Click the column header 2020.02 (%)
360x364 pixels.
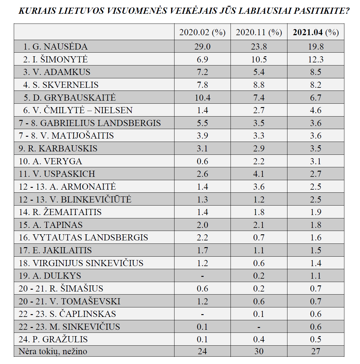pyautogui.click(x=202, y=32)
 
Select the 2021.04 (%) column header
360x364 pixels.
pyautogui.click(x=316, y=32)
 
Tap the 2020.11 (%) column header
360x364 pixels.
pyautogui.click(x=259, y=32)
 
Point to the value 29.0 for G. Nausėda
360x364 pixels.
pyautogui.click(x=202, y=46)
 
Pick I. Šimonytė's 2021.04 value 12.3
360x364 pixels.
pyautogui.click(x=316, y=59)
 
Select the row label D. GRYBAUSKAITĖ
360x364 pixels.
pyautogui.click(x=69, y=98)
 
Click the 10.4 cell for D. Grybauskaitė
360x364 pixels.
pyautogui.click(x=202, y=98)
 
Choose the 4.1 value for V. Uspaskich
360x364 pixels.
pyautogui.click(x=259, y=174)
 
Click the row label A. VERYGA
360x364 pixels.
pyautogui.click(x=51, y=161)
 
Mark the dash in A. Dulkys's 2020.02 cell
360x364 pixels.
pyautogui.click(x=202, y=276)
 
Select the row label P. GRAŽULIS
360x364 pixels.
pyautogui.click(x=53, y=339)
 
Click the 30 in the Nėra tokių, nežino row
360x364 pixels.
pyautogui.click(x=259, y=351)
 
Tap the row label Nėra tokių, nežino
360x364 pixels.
pyautogui.click(x=53, y=351)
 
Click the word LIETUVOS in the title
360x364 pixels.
pyautogui.click(x=81, y=11)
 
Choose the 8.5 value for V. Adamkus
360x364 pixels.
pyautogui.click(x=316, y=72)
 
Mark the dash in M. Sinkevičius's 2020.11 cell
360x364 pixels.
pyautogui.click(x=259, y=327)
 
